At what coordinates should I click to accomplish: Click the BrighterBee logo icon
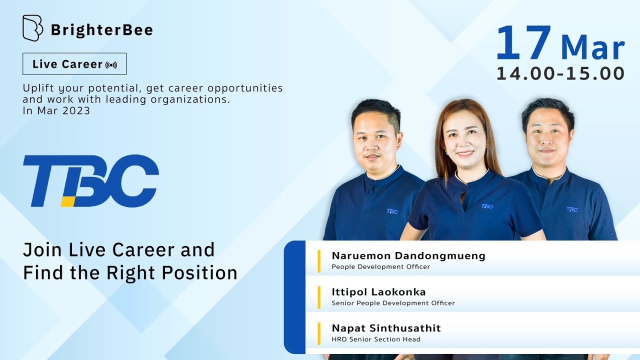pyautogui.click(x=32, y=28)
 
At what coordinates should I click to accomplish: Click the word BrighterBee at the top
pyautogui.click(x=101, y=30)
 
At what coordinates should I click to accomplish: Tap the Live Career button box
pyautogui.click(x=74, y=64)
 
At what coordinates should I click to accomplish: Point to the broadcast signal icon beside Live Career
pyautogui.click(x=111, y=65)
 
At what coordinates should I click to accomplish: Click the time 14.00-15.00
pyautogui.click(x=560, y=73)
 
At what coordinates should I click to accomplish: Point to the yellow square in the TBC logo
pyautogui.click(x=68, y=201)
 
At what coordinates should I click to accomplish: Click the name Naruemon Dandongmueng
pyautogui.click(x=408, y=255)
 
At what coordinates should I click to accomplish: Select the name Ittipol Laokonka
pyautogui.click(x=378, y=291)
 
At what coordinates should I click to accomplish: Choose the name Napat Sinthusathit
pyautogui.click(x=386, y=328)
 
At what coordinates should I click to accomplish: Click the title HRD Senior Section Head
pyautogui.click(x=376, y=339)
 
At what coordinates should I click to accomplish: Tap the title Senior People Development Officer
pyautogui.click(x=393, y=303)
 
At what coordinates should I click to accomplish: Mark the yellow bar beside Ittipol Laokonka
pyautogui.click(x=319, y=297)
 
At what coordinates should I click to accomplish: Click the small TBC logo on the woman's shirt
pyautogui.click(x=487, y=206)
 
